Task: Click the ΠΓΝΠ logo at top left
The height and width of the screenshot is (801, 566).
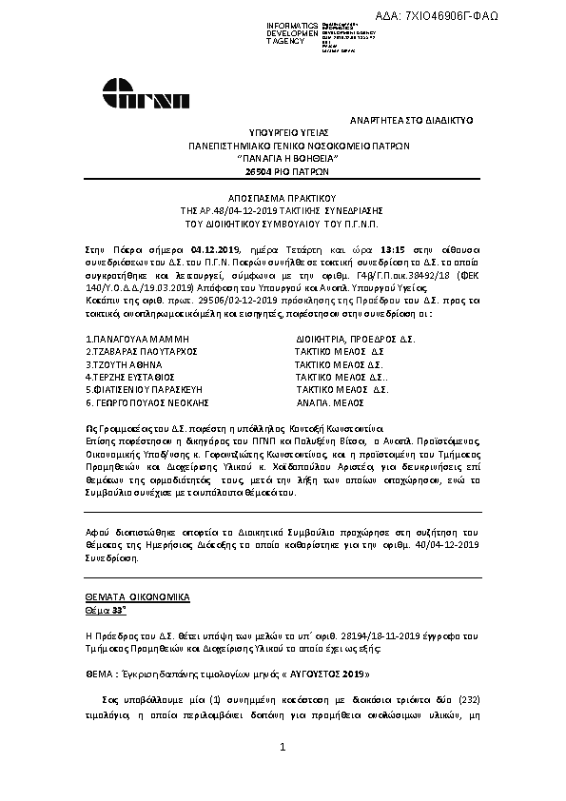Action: coord(148,95)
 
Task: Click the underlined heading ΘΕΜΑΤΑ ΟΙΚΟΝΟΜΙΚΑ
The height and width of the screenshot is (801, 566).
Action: coord(137,596)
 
